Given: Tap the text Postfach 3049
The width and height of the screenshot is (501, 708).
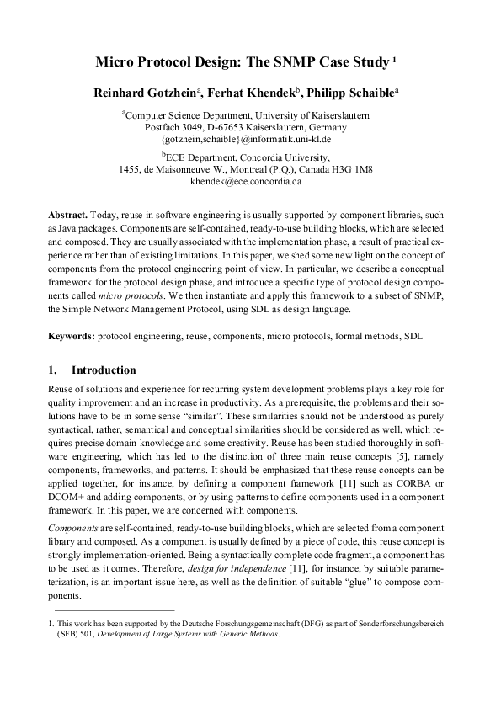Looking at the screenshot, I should click(176, 126).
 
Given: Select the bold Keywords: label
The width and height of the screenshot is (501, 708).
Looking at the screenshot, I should click(71, 335).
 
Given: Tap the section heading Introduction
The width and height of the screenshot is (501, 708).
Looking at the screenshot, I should click(104, 370).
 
